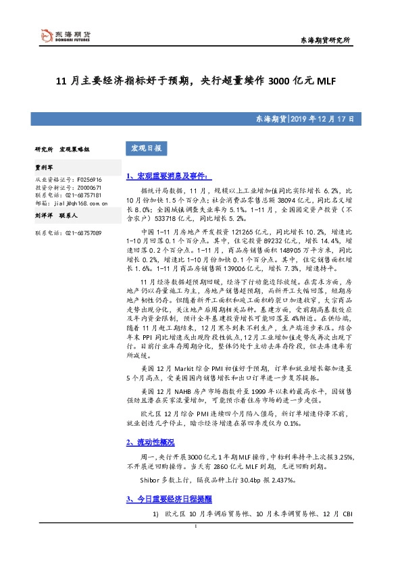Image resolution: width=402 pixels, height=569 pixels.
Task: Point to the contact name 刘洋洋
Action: click(x=45, y=217)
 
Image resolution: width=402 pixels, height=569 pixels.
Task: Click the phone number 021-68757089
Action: click(x=84, y=232)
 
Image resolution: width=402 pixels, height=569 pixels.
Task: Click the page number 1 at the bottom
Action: click(x=195, y=546)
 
